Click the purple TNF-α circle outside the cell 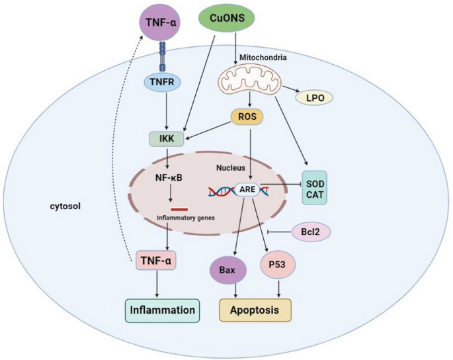click(x=161, y=22)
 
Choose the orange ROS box click(x=245, y=116)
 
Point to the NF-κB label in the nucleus click(x=170, y=178)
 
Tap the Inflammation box click(x=162, y=310)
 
